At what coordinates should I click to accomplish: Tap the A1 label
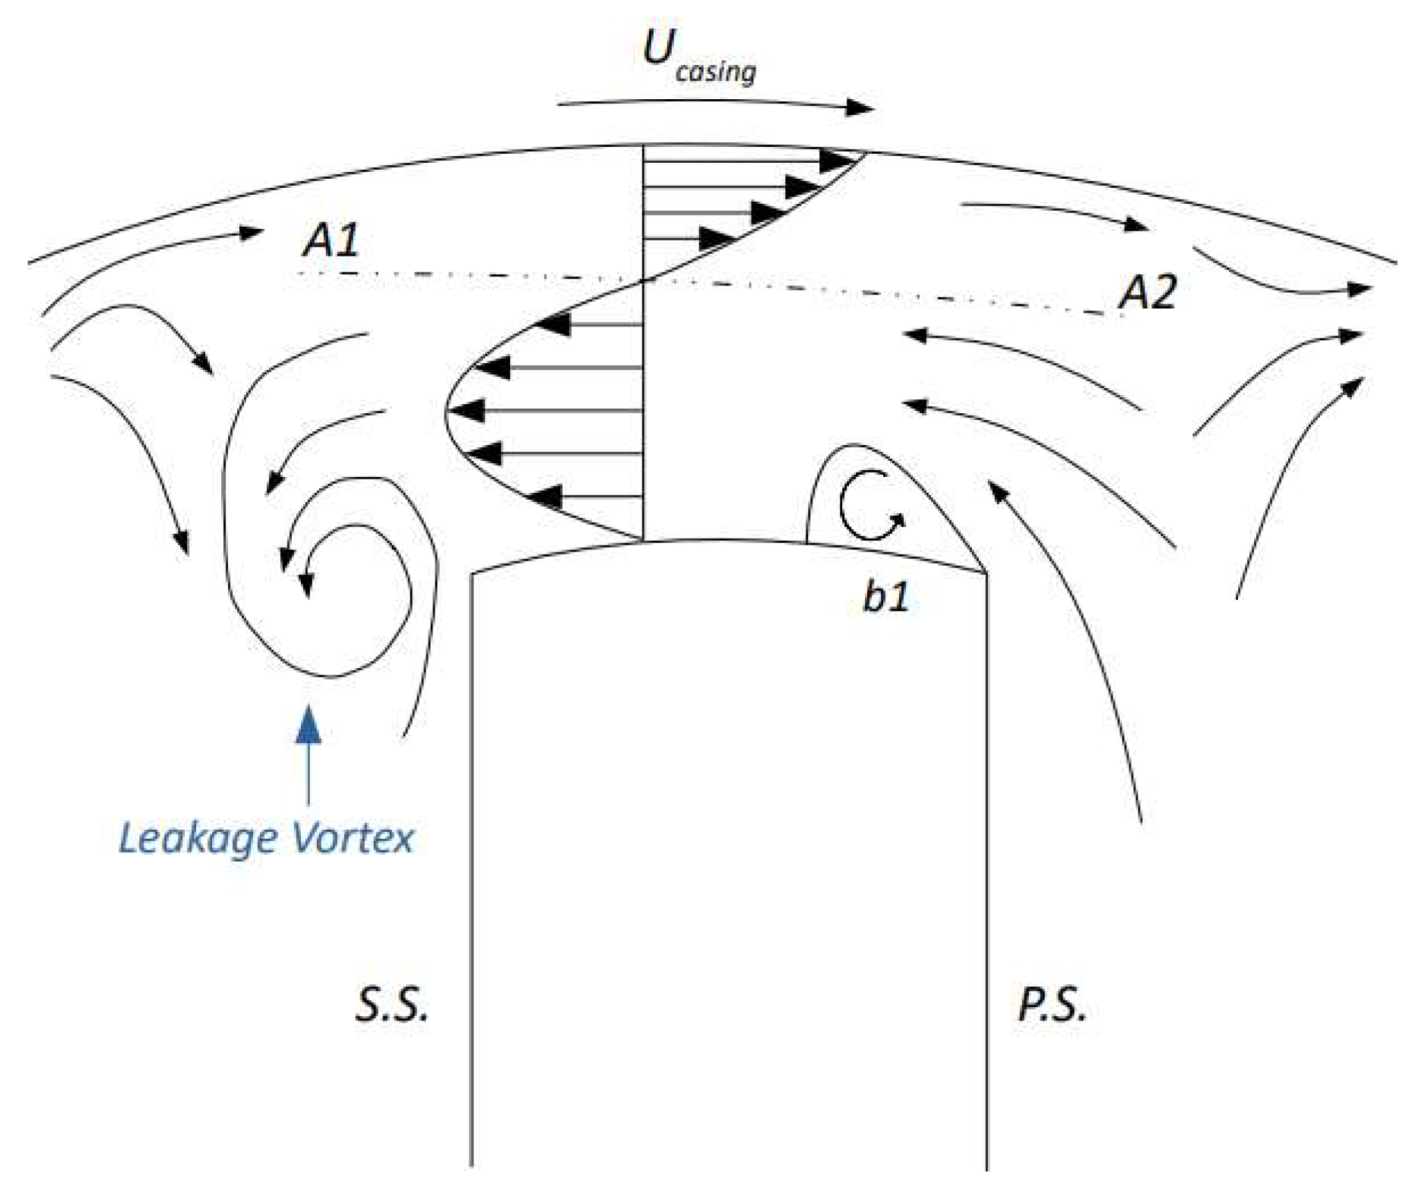tap(331, 241)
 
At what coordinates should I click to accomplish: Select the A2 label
tap(1148, 293)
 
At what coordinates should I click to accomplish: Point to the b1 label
tap(885, 595)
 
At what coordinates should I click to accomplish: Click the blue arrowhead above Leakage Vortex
tap(308, 724)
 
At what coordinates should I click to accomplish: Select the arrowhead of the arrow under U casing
tap(862, 108)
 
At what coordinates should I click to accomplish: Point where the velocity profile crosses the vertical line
tap(644, 281)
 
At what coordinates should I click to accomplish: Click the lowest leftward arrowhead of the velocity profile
tap(543, 496)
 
